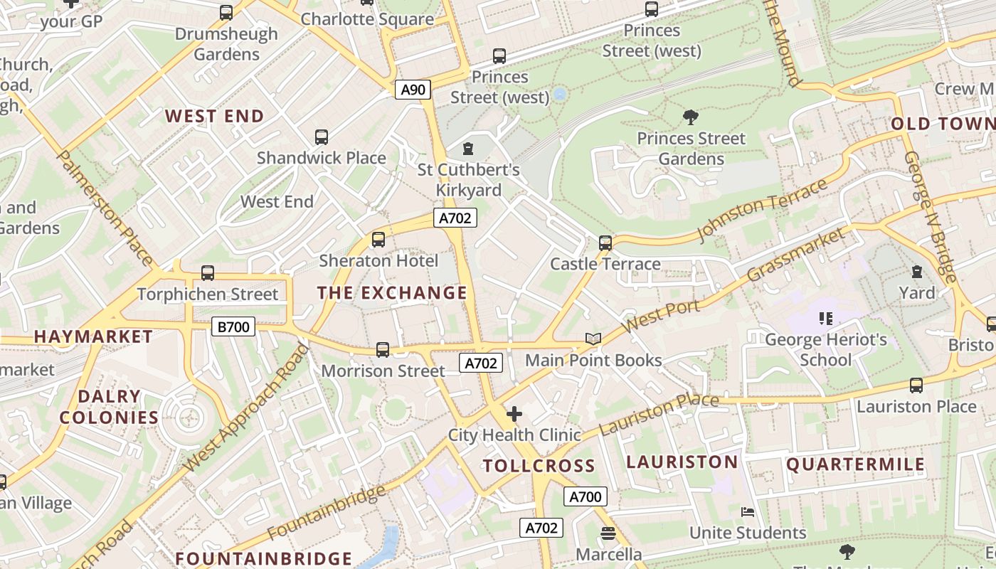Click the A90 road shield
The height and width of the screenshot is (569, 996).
[413, 90]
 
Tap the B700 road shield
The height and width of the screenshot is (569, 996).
[233, 327]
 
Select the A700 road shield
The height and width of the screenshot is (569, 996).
[585, 496]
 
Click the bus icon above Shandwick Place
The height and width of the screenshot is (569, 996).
[322, 137]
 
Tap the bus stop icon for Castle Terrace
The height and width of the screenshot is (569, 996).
[605, 243]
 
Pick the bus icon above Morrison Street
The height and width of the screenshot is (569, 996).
[383, 349]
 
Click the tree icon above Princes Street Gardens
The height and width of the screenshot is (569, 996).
[690, 117]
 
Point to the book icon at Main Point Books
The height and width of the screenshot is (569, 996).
[593, 339]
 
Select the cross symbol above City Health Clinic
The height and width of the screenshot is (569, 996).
[514, 413]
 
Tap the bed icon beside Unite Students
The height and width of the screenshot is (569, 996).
[747, 512]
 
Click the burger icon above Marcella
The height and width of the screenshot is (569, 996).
[608, 533]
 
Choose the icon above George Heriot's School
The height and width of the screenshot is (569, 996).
[826, 318]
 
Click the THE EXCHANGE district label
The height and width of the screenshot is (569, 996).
[392, 293]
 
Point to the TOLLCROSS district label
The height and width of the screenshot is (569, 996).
[539, 467]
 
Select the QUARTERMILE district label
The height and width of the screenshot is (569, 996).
[855, 465]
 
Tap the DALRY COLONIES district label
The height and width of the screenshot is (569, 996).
[109, 408]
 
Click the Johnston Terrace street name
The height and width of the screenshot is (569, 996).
[763, 210]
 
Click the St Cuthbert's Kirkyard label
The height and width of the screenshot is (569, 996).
[468, 180]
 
